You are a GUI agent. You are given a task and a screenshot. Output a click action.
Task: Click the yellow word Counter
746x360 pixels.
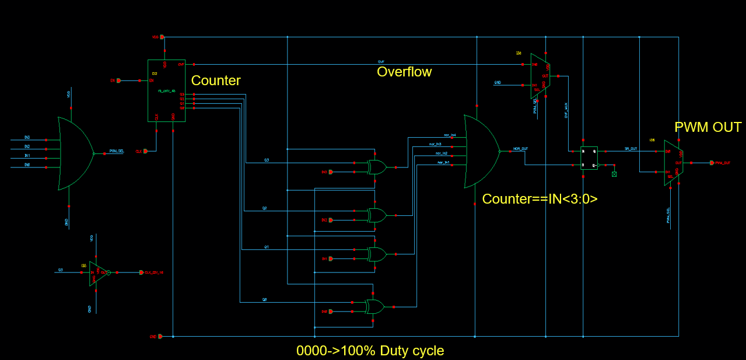pyautogui.click(x=216, y=81)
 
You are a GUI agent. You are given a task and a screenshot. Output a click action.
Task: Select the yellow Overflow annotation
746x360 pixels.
pyautogui.click(x=404, y=72)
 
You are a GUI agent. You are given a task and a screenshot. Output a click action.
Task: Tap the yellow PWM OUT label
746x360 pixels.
pyautogui.click(x=708, y=127)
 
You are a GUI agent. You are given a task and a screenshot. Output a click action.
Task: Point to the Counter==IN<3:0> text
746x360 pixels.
pyautogui.click(x=540, y=199)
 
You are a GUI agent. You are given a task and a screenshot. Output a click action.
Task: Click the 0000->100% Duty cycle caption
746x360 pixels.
pyautogui.click(x=370, y=351)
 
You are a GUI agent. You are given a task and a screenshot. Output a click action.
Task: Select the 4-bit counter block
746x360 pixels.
pyautogui.click(x=166, y=90)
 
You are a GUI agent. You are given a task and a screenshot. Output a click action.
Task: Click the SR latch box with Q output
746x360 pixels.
pyautogui.click(x=589, y=158)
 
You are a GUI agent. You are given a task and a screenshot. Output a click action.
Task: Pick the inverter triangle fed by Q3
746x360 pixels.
pyautogui.click(x=97, y=272)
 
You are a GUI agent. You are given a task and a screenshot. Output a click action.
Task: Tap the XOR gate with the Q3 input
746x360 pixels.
pyautogui.click(x=376, y=167)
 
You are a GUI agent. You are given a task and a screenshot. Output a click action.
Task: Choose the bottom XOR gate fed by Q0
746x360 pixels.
pyautogui.click(x=374, y=306)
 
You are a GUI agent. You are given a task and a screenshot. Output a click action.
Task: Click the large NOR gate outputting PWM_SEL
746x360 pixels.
pyautogui.click(x=75, y=153)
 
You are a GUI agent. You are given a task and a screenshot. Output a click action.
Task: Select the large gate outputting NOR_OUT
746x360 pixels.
pyautogui.click(x=480, y=151)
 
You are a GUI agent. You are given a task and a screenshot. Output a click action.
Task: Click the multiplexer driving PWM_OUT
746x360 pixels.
pyautogui.click(x=673, y=163)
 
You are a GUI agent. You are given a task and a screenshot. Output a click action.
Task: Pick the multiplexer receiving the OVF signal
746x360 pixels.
pyautogui.click(x=539, y=76)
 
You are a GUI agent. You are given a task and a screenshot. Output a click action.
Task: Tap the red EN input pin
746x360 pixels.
pyautogui.click(x=119, y=81)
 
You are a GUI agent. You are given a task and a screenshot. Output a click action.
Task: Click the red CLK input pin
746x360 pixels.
pyautogui.click(x=145, y=151)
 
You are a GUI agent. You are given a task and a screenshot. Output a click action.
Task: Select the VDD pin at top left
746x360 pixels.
pyautogui.click(x=162, y=37)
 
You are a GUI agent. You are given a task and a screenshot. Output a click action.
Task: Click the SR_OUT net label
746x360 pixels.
pyautogui.click(x=631, y=149)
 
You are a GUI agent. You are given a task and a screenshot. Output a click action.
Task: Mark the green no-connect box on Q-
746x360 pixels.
pyautogui.click(x=614, y=174)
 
